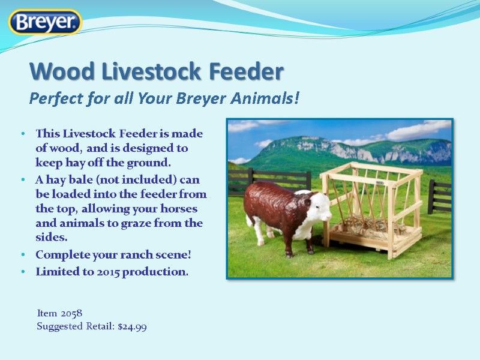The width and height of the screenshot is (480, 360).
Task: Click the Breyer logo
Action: [x=45, y=22]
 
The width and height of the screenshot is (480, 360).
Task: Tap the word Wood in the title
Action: [x=59, y=72]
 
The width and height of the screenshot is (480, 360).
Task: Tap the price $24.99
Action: [x=133, y=327]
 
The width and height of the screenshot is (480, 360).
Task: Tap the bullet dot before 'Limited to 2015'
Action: [x=22, y=272]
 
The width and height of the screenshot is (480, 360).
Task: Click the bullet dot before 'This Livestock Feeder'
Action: [x=22, y=133]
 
